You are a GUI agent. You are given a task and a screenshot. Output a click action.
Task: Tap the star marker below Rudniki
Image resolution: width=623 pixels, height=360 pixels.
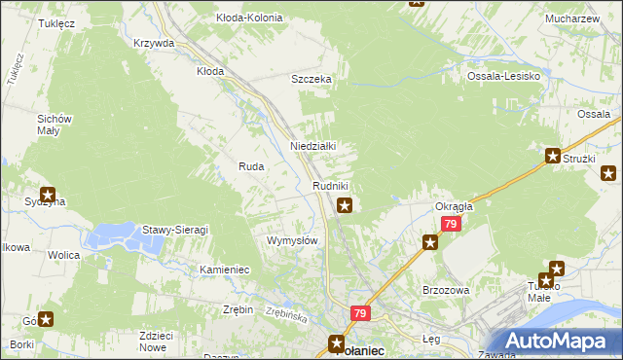click(x=345, y=205)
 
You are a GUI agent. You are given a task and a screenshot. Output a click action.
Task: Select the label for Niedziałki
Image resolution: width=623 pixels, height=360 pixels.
click(x=313, y=146)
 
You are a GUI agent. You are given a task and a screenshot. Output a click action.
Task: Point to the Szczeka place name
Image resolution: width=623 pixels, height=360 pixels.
click(x=313, y=80)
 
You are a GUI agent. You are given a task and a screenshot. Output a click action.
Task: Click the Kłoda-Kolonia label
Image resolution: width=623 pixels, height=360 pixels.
click(x=249, y=18)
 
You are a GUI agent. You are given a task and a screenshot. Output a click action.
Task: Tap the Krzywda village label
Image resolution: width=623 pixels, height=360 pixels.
click(x=154, y=44)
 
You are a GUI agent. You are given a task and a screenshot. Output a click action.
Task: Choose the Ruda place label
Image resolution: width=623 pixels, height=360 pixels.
click(x=251, y=167)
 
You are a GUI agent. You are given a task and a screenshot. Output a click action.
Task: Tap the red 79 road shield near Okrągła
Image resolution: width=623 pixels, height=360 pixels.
click(x=449, y=224)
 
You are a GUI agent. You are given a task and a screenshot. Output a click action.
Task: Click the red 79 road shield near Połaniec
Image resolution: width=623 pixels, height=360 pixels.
click(x=360, y=313)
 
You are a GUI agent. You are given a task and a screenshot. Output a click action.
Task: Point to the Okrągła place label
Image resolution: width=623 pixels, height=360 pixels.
click(x=454, y=206)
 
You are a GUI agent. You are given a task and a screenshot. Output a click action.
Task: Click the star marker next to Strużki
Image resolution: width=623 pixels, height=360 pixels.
click(x=553, y=156)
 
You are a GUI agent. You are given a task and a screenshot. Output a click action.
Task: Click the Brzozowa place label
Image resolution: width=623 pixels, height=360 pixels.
click(x=447, y=290)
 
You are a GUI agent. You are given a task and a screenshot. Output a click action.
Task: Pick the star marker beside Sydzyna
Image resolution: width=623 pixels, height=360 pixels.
click(x=47, y=194)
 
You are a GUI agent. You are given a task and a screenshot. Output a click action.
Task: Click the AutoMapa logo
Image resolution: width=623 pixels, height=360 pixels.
click(x=558, y=342)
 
